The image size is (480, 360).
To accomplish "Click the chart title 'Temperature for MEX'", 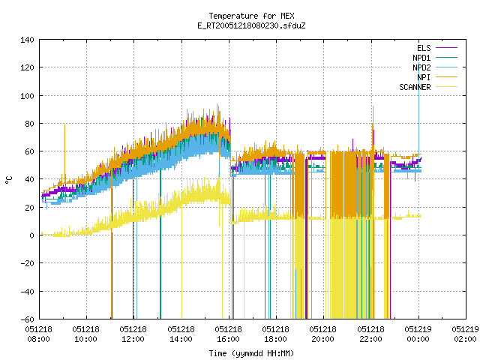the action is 251,16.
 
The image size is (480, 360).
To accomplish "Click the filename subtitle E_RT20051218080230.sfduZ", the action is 251,25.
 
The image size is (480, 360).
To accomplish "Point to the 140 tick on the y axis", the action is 27,40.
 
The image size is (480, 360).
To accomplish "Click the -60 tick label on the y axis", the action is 27,319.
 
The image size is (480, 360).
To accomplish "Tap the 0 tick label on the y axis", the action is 31,235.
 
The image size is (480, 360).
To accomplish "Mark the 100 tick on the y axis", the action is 27,96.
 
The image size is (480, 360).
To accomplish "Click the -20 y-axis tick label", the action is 27,263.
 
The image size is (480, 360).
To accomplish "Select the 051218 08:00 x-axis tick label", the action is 38,334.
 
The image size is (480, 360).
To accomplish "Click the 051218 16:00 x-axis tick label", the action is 228,334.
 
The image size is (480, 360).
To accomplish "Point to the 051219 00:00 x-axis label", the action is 418,334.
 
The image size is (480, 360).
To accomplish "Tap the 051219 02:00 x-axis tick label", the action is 465,334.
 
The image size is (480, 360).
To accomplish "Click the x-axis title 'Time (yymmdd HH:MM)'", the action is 251,353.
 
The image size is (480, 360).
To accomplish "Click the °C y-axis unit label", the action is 9,180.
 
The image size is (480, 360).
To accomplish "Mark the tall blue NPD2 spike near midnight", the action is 418,116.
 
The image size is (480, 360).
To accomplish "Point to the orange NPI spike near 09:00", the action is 64,153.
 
